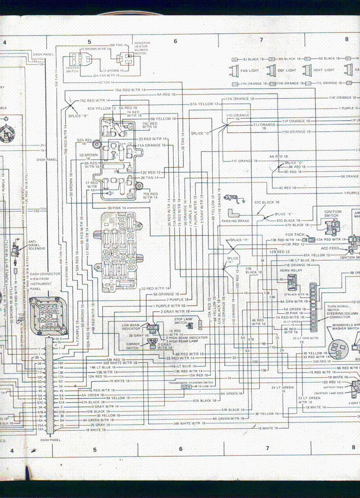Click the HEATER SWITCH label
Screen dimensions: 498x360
(72, 70)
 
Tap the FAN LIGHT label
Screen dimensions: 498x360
(250, 70)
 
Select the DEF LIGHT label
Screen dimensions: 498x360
(287, 70)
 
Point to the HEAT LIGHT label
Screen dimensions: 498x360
(324, 70)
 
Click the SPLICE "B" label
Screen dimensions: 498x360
(78, 116)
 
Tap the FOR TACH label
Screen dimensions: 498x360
(294, 234)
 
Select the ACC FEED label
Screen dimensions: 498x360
(330, 248)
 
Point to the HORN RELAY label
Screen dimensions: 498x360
(291, 270)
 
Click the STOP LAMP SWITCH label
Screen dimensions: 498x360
(184, 321)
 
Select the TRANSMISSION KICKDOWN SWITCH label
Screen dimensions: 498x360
(191, 382)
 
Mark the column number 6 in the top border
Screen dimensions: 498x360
(175, 41)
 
